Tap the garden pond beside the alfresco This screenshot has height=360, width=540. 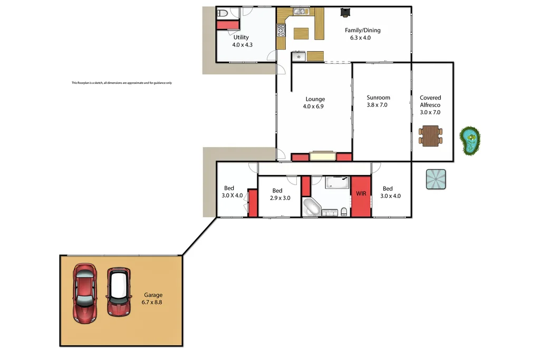pyautogui.click(x=468, y=141)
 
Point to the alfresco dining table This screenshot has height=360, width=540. pyautogui.click(x=431, y=135)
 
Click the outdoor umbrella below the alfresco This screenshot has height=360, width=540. pyautogui.click(x=436, y=179)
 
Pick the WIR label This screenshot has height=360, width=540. pyautogui.click(x=361, y=193)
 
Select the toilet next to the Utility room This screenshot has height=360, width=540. pyautogui.click(x=222, y=14)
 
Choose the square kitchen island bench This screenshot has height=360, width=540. pyautogui.click(x=301, y=33)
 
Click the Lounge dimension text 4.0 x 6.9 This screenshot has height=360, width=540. pyautogui.click(x=315, y=106)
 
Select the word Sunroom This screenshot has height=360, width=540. pyautogui.click(x=378, y=98)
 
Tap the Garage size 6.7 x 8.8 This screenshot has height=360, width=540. pyautogui.click(x=151, y=303)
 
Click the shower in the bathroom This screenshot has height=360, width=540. pyautogui.click(x=337, y=182)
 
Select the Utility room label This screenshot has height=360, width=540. pyautogui.click(x=241, y=37)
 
